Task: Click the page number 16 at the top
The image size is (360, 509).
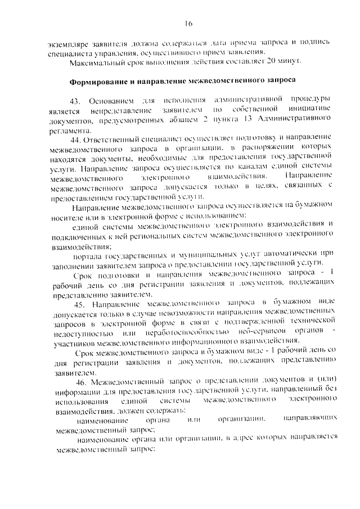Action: [188, 23]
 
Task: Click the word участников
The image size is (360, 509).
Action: [76, 341]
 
